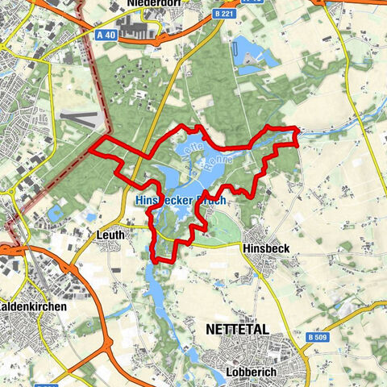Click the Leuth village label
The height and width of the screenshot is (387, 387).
pyautogui.click(x=110, y=234)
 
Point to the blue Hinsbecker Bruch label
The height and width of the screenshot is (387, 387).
pyautogui.click(x=181, y=198)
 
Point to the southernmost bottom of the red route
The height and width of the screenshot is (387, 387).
pyautogui.click(x=164, y=260)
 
